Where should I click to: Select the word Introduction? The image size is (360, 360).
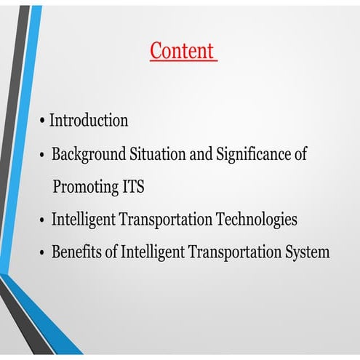point(89,120)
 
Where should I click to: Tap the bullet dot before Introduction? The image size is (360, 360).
point(43,120)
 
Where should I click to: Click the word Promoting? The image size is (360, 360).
point(82,187)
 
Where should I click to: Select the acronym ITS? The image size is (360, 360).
point(130,187)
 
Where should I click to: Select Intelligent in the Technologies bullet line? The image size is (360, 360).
point(81,220)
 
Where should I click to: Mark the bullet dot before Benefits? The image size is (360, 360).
point(43,253)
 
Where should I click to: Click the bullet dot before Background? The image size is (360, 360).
point(43,155)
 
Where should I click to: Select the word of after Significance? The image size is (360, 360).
point(298,154)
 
